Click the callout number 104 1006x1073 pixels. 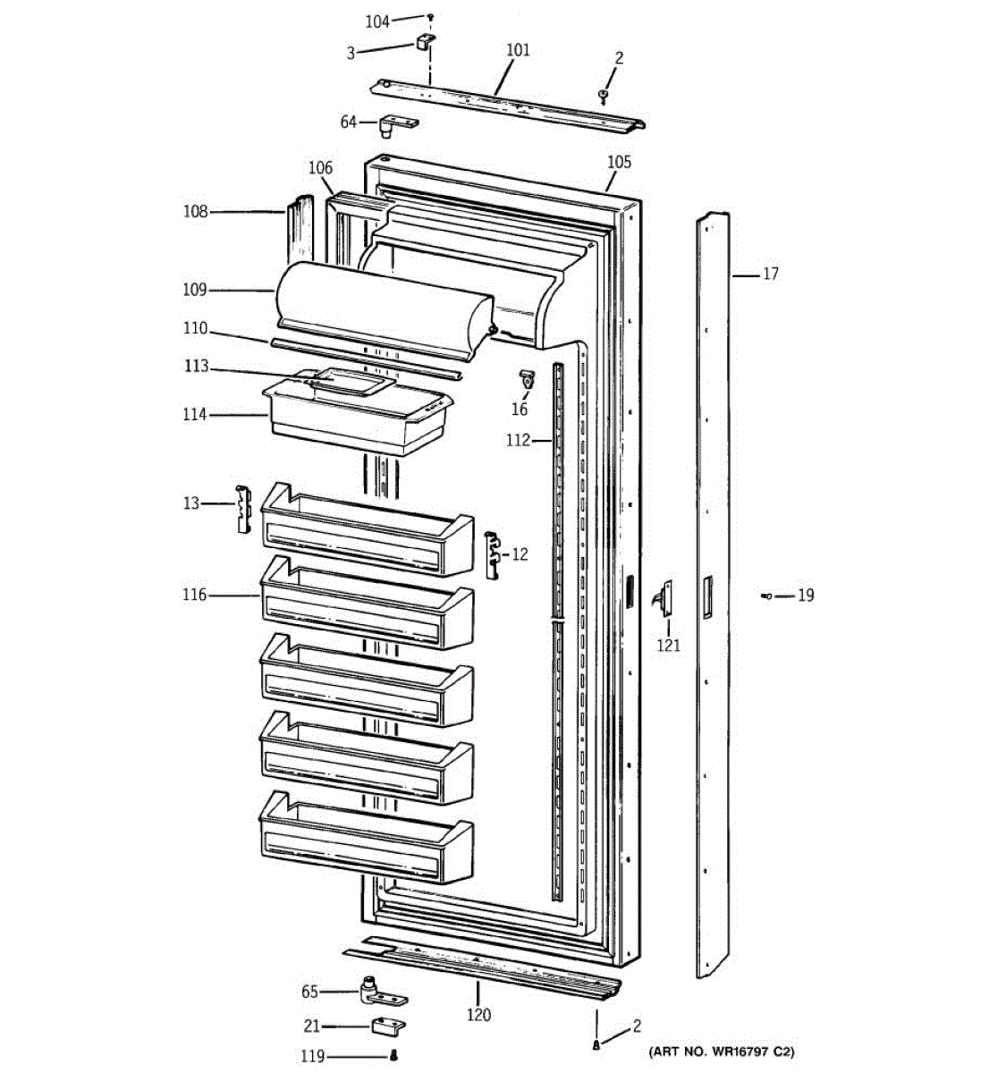pos(377,21)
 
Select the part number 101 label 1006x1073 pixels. pos(518,50)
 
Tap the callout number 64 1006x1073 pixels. pos(349,122)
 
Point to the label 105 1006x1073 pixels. pos(619,162)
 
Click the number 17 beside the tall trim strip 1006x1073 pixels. pos(770,275)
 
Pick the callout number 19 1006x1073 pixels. pos(806,596)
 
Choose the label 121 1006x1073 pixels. pos(668,646)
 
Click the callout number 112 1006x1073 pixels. pos(518,440)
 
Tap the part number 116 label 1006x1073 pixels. pos(194,595)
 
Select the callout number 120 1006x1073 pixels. pos(479,1015)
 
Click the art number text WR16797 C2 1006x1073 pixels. pos(722,1052)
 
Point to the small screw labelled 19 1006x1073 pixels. pos(767,596)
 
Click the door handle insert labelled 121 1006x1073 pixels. pos(663,597)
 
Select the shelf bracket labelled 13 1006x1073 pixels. pos(243,510)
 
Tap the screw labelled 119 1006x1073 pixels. pos(393,1056)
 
